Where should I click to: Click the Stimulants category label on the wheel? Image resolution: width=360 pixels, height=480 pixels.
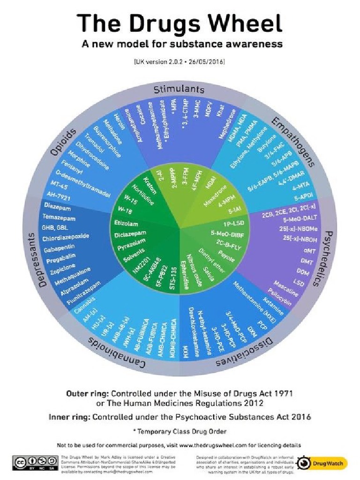[180, 89]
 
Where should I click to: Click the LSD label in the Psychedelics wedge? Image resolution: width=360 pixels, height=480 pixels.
[297, 283]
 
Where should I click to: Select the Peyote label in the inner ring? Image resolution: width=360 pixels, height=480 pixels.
[226, 255]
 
